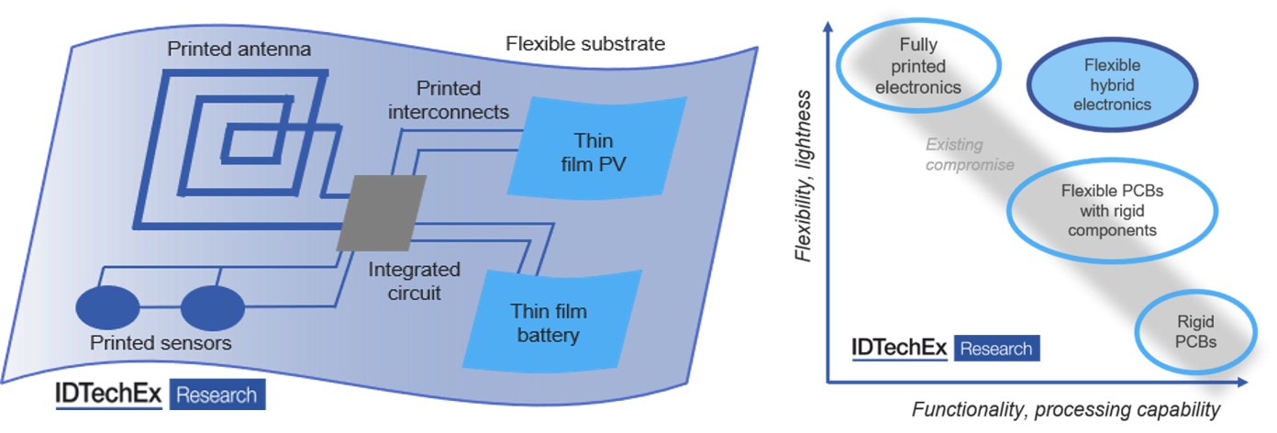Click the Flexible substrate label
point(585,43)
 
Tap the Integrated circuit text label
point(414,283)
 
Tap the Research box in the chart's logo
point(997,349)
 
